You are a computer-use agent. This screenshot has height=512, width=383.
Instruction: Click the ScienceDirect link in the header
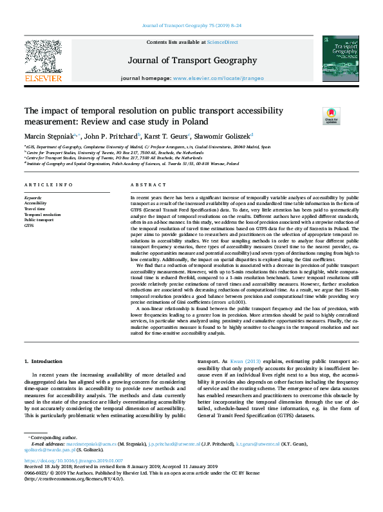click(223, 42)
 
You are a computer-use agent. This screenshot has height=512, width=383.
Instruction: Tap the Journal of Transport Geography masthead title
click(192, 61)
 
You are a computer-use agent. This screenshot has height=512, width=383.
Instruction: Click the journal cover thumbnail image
click(341, 59)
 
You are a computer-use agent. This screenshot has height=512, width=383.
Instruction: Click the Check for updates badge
click(331, 116)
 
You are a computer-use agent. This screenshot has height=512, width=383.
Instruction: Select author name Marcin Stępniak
click(48, 135)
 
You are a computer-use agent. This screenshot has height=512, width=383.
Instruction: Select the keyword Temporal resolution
click(42, 214)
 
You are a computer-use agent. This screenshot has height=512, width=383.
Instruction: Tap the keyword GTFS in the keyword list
click(30, 226)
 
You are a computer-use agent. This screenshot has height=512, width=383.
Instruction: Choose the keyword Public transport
click(40, 220)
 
